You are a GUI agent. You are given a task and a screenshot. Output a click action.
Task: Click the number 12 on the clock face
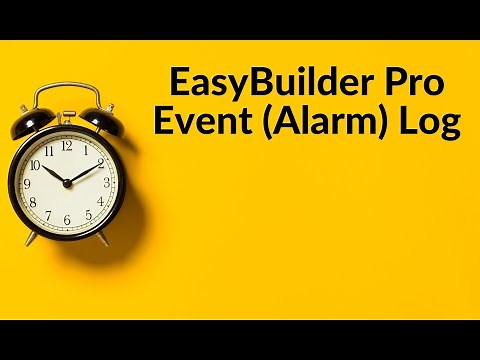pos(66,146)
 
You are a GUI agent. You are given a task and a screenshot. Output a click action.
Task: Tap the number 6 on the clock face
pos(67,219)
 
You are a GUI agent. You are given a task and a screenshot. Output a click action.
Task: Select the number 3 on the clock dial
pos(103,182)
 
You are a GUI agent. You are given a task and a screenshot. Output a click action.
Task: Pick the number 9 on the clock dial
pos(30,183)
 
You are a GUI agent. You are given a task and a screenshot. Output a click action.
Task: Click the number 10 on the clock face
pos(35,164)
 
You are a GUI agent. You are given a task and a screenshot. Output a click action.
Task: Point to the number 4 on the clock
pos(98,201)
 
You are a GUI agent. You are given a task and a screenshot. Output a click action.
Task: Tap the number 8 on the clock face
pos(35,202)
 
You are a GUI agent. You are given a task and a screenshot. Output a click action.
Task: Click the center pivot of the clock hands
pos(67,183)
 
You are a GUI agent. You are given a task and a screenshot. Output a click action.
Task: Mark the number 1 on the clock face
pos(85,150)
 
